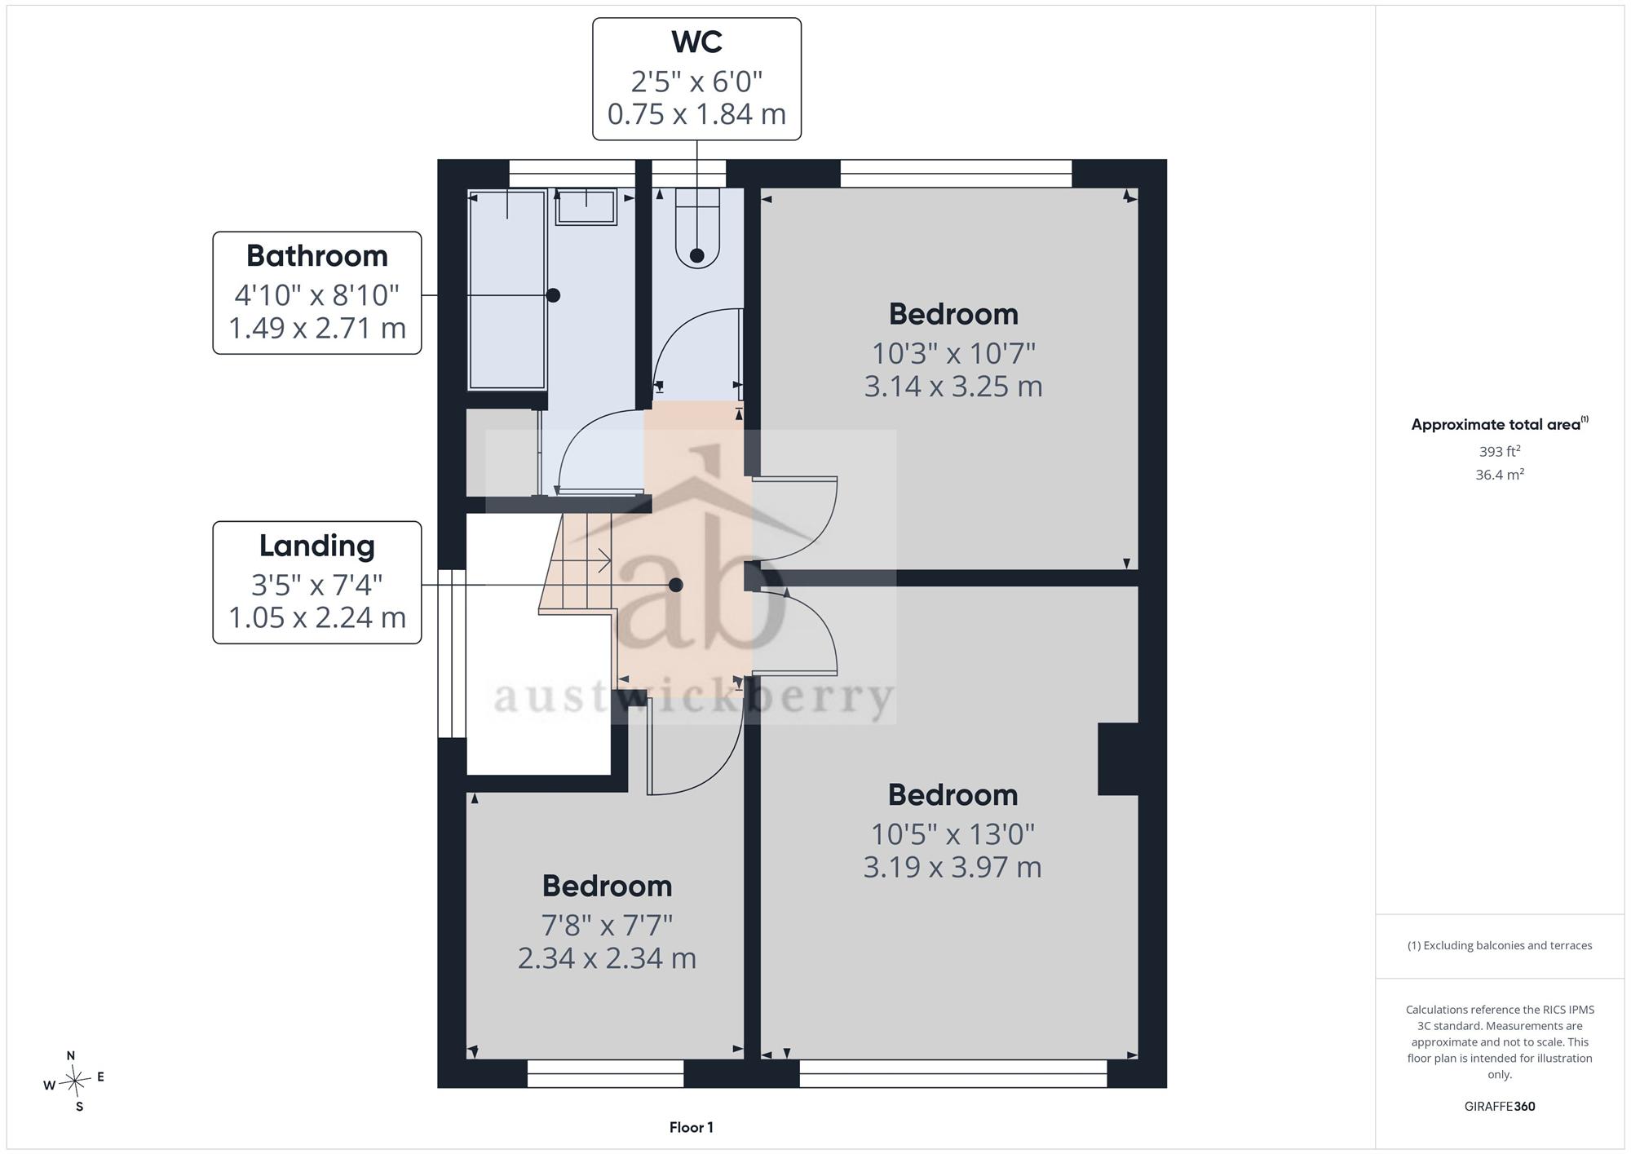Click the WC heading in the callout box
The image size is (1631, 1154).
click(696, 42)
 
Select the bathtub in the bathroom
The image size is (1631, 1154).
click(506, 290)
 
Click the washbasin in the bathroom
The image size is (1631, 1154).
click(586, 207)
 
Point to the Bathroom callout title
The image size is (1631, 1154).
click(317, 256)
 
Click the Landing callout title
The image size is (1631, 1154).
click(317, 546)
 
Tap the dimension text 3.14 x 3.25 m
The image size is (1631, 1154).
click(953, 386)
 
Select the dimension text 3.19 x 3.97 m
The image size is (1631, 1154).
click(953, 867)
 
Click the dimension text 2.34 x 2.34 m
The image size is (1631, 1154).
click(607, 958)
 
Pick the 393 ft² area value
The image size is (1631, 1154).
click(1499, 451)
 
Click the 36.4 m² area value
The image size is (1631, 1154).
click(1499, 474)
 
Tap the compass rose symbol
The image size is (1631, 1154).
click(74, 1082)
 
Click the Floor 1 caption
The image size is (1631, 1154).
click(691, 1127)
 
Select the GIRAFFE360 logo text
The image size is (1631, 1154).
click(1499, 1106)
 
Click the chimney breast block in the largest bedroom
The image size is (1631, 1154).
click(1118, 759)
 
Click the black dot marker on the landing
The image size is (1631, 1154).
click(675, 585)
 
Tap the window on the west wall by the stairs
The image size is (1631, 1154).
click(452, 653)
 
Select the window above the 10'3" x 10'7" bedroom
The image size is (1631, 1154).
click(956, 174)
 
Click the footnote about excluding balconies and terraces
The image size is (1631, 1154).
click(1499, 945)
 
